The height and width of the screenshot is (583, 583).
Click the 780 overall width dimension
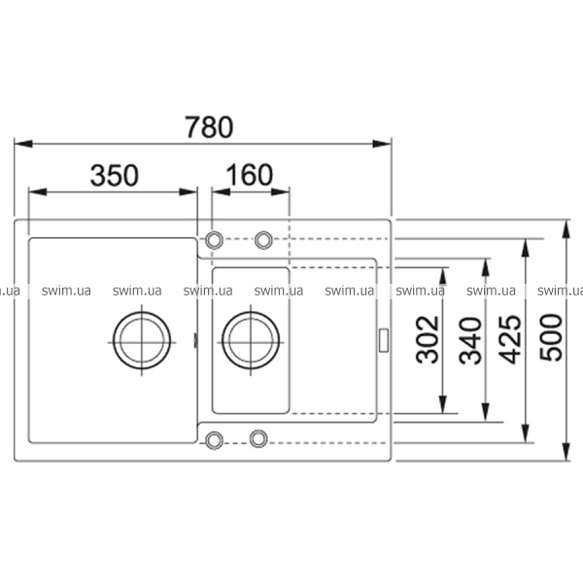[x=209, y=127]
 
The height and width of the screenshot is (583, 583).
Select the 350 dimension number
[x=115, y=175]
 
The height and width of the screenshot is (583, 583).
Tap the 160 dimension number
[x=249, y=175]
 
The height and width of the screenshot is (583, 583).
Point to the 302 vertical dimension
[x=427, y=339]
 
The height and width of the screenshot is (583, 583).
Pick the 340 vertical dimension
[x=470, y=340]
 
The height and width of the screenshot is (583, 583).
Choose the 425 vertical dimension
[x=509, y=339]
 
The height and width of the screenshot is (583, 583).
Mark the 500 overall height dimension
[x=551, y=337]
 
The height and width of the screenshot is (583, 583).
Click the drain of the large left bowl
[x=142, y=341]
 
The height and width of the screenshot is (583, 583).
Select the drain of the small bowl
[x=251, y=341]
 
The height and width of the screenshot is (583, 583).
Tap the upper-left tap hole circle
[x=214, y=240]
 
